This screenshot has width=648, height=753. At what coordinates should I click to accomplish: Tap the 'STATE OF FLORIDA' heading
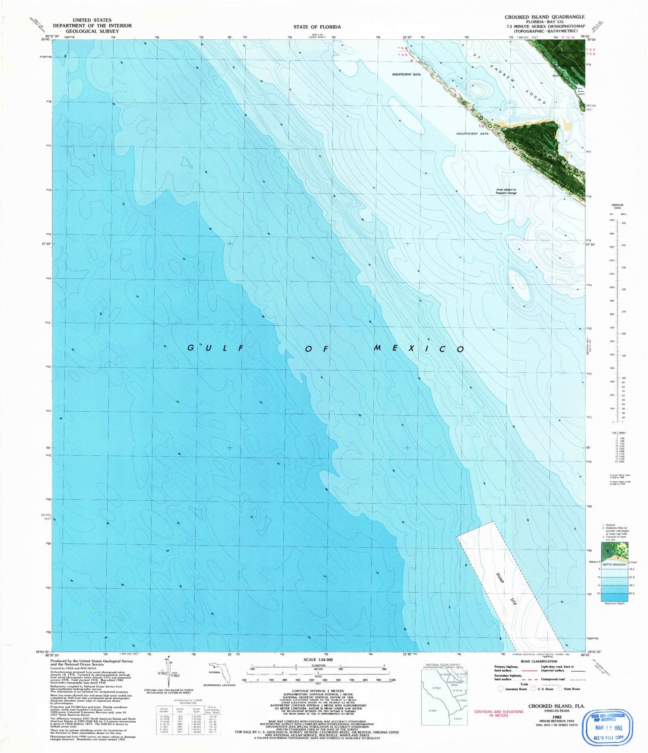coord(317,27)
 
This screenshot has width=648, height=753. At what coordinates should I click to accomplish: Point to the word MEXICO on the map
coord(419,348)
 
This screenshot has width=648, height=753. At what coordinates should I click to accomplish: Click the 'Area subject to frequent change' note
coord(506,191)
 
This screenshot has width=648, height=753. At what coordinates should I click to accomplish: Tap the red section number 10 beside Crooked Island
coord(481,126)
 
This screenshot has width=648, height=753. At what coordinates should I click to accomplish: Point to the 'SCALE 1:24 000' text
coord(318,660)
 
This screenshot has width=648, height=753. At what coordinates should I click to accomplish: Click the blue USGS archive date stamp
coord(607,728)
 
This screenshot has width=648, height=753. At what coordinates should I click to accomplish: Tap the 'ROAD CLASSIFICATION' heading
coord(539,661)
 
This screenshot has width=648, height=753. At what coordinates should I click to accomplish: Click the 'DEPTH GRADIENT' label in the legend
coord(614,564)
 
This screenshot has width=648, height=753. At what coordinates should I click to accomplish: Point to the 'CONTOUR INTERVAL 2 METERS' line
coord(318,692)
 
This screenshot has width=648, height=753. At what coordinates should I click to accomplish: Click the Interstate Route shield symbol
coord(501,689)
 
